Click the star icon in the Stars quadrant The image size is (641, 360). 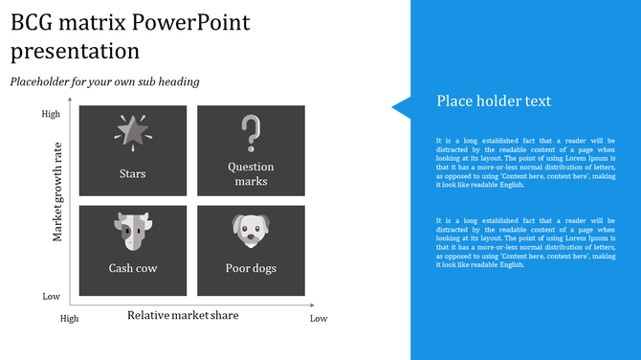(132, 131)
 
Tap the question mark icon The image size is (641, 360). (251, 133)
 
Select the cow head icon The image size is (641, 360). (132, 231)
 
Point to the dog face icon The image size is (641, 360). (251, 231)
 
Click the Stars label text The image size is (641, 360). (132, 174)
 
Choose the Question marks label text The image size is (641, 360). (251, 173)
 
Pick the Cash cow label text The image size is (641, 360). (132, 268)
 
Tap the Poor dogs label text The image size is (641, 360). (251, 268)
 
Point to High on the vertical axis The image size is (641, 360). (51, 114)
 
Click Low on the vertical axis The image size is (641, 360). (51, 297)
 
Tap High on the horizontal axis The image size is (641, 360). (70, 318)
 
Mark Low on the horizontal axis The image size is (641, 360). (319, 318)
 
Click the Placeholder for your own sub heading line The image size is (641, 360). (104, 81)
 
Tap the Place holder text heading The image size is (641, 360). (494, 101)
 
